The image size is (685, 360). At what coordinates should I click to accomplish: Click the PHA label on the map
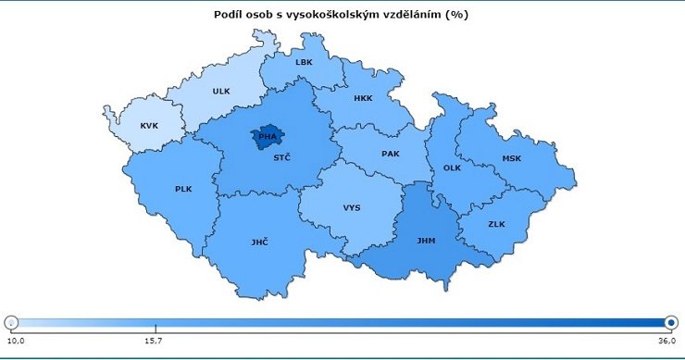[268, 137]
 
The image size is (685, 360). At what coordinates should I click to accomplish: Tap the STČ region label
[281, 158]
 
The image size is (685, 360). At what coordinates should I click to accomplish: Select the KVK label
[149, 126]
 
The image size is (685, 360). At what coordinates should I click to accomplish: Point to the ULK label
[220, 92]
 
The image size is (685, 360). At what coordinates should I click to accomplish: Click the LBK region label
[304, 63]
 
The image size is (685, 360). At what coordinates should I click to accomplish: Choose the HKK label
[363, 97]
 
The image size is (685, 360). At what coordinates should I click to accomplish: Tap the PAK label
[391, 154]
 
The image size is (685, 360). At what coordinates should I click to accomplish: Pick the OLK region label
[452, 168]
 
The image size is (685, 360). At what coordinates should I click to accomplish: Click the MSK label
[512, 158]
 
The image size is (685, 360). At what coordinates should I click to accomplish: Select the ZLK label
[496, 223]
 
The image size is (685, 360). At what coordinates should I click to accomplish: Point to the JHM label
[426, 241]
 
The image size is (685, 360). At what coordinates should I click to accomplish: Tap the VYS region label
[352, 208]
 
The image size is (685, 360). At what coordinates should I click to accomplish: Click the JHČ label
[259, 242]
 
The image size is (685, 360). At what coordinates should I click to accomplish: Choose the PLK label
[183, 189]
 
